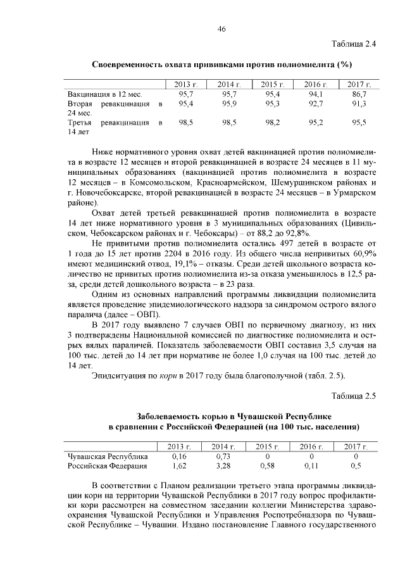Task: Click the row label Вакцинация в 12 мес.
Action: [x=104, y=94]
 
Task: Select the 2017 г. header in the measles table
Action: [x=356, y=447]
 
